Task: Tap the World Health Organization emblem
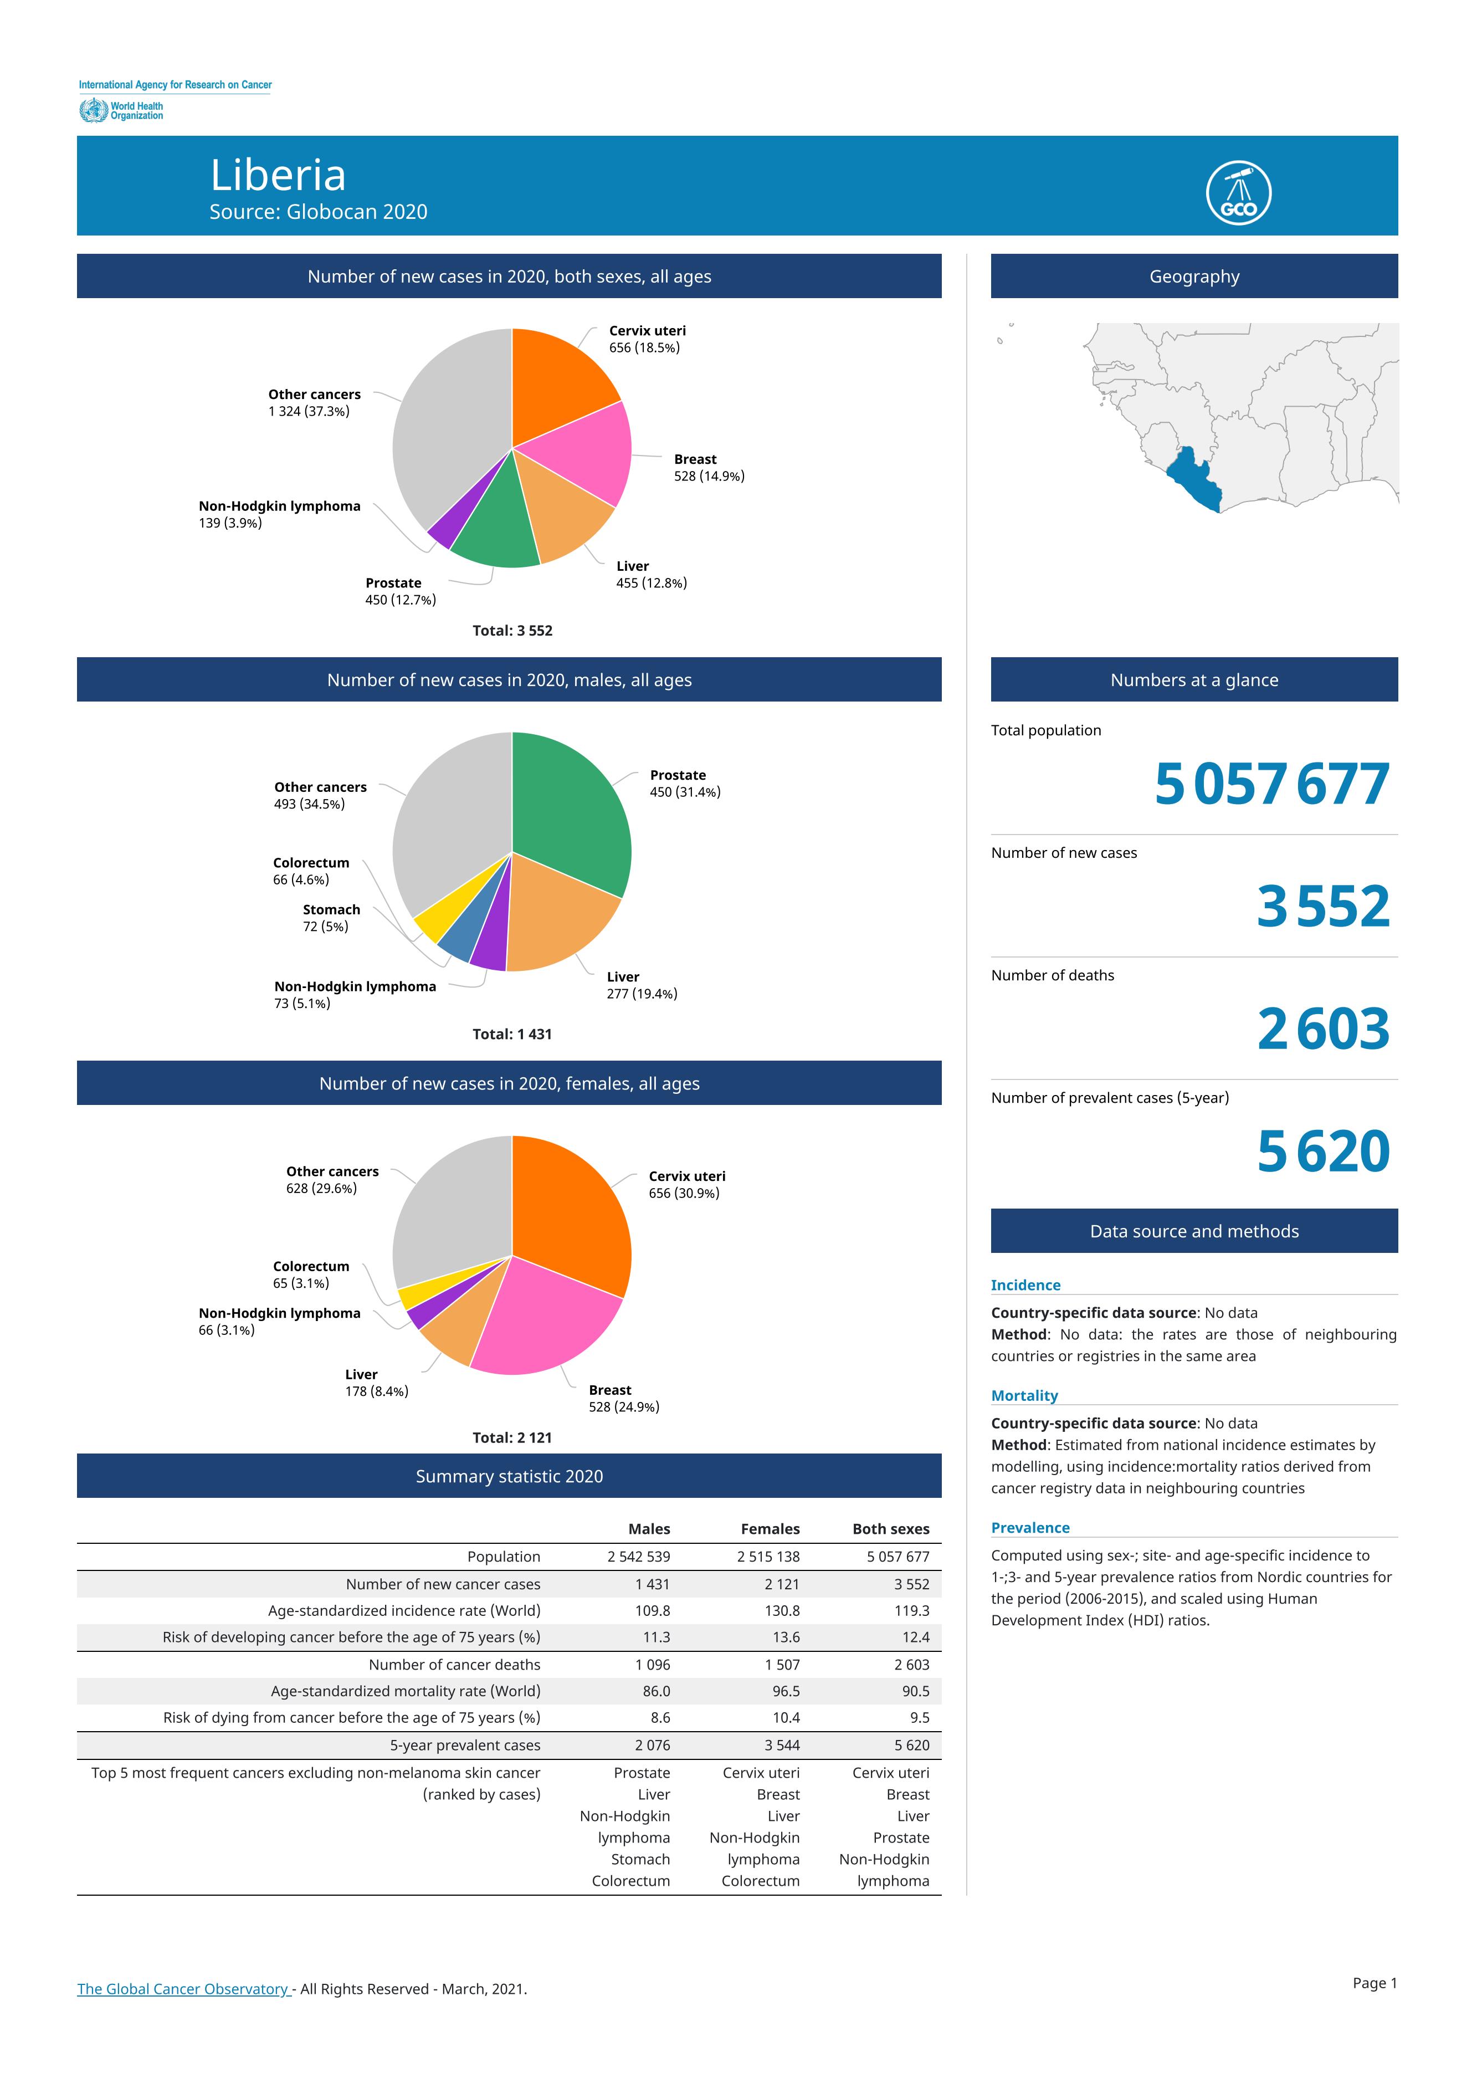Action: pyautogui.click(x=93, y=111)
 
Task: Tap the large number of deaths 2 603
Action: pyautogui.click(x=1324, y=1029)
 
